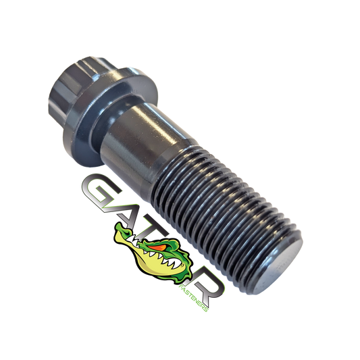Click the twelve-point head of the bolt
(x=76, y=87)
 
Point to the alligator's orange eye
(x=158, y=247)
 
